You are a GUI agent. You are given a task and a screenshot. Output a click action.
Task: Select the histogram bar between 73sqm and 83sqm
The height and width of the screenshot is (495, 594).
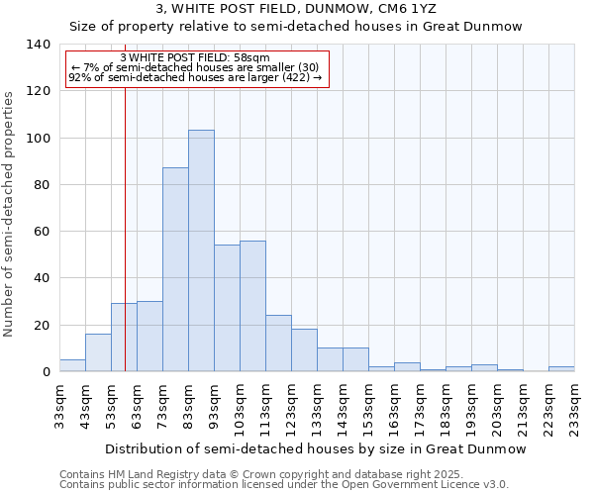point(175,269)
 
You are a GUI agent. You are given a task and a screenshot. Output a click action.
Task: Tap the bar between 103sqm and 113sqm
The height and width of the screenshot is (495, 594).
point(252,306)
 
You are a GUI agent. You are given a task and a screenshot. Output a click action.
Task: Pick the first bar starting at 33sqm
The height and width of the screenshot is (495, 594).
point(72,365)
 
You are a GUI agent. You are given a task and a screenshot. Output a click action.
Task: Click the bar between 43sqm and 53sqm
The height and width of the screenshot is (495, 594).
point(98,352)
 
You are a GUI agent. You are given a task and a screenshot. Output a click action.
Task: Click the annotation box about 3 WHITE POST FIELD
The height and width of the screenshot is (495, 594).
point(196,69)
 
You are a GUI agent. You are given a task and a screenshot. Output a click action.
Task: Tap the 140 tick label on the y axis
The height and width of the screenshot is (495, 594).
point(39,45)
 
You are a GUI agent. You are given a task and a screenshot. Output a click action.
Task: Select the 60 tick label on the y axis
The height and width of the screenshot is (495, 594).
point(43,232)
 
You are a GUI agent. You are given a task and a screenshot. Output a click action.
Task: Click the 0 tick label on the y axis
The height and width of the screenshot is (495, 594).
point(47,372)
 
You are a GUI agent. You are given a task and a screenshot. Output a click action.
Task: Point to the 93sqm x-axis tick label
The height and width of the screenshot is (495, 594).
point(214,405)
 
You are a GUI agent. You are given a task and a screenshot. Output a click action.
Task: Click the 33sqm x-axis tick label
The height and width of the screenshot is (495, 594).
point(59,405)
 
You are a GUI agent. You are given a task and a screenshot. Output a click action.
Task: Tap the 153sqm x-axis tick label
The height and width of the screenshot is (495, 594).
point(368,405)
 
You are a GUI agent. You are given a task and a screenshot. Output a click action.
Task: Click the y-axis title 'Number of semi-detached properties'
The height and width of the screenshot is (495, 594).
point(10,213)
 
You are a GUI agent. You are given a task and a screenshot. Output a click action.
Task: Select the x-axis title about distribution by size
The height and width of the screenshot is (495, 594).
point(316,448)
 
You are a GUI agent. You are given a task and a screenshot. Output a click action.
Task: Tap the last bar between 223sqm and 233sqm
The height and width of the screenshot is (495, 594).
point(561,369)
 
